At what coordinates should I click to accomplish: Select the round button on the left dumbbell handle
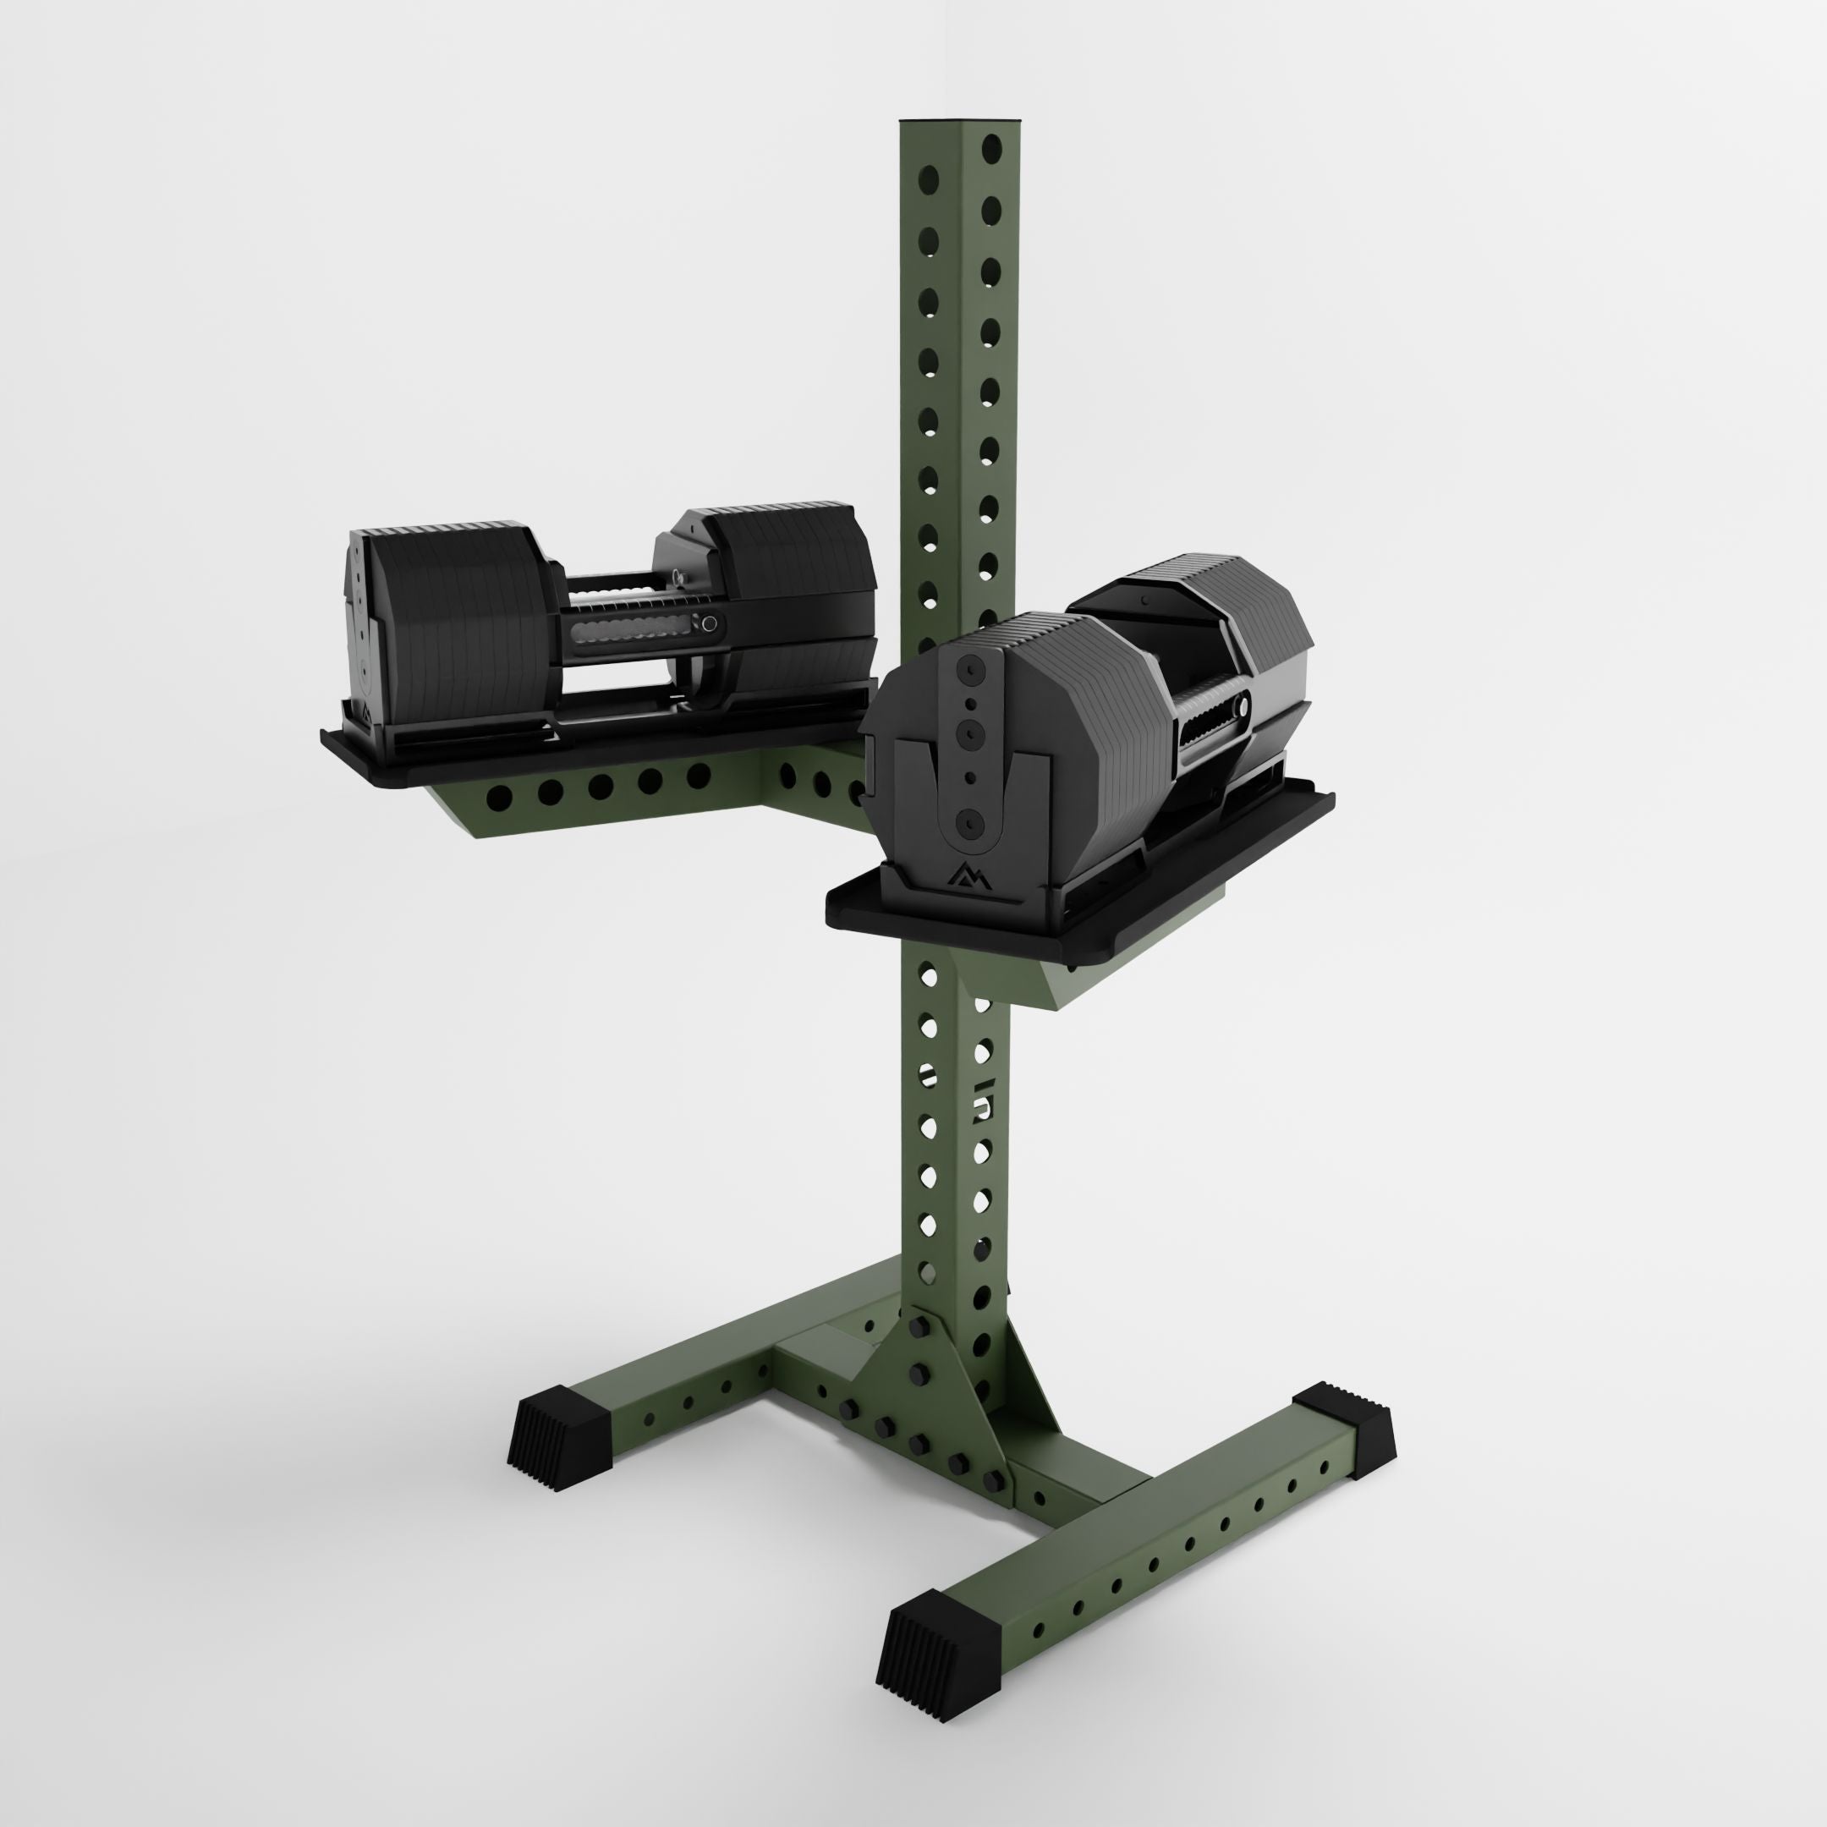tap(708, 623)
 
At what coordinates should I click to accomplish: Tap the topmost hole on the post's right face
tap(991, 146)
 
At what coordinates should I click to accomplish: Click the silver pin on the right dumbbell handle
tap(1242, 705)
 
